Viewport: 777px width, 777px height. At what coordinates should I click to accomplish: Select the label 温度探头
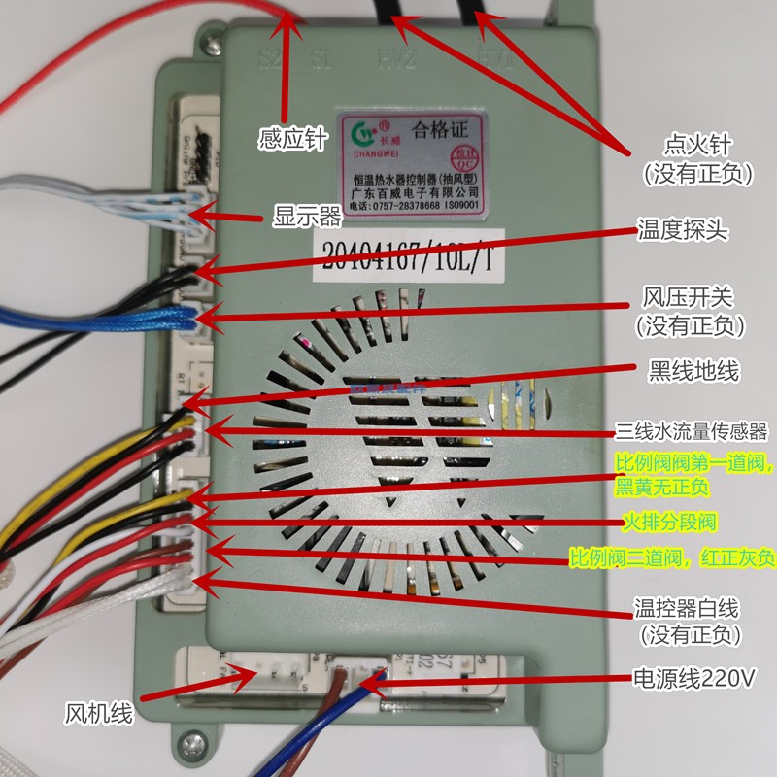point(682,230)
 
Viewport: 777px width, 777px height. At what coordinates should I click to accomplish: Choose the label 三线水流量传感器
point(693,430)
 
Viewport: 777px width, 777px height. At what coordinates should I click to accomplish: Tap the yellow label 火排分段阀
point(670,523)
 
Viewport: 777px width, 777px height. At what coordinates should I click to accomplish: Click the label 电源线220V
point(693,676)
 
